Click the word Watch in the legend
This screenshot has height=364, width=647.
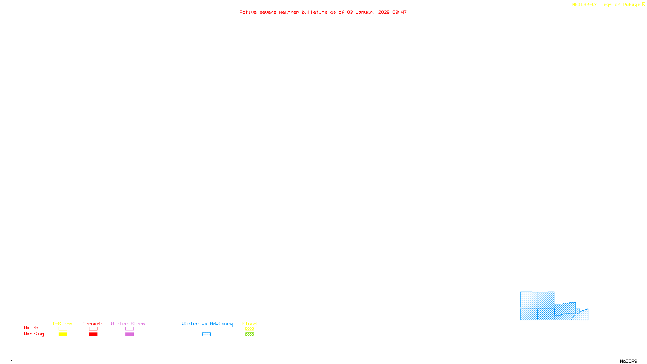click(31, 328)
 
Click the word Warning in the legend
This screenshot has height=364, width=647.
click(34, 334)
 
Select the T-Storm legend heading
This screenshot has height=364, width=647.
click(62, 324)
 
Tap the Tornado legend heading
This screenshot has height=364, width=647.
click(93, 324)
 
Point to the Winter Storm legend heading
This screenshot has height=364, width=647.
click(128, 324)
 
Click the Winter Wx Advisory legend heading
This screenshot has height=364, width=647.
click(207, 324)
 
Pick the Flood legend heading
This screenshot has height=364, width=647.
click(249, 324)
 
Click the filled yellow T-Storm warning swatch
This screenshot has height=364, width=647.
click(63, 334)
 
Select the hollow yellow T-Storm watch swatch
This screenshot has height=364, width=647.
click(63, 329)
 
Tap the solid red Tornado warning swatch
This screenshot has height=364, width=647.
click(93, 334)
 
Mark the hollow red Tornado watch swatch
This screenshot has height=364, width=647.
click(93, 329)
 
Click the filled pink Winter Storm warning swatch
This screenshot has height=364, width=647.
click(129, 334)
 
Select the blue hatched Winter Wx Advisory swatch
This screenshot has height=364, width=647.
click(206, 334)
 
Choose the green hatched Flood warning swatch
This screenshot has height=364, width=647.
click(249, 334)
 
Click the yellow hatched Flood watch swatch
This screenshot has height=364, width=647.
click(249, 329)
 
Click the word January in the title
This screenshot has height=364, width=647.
click(366, 12)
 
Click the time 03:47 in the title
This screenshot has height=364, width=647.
click(400, 12)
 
